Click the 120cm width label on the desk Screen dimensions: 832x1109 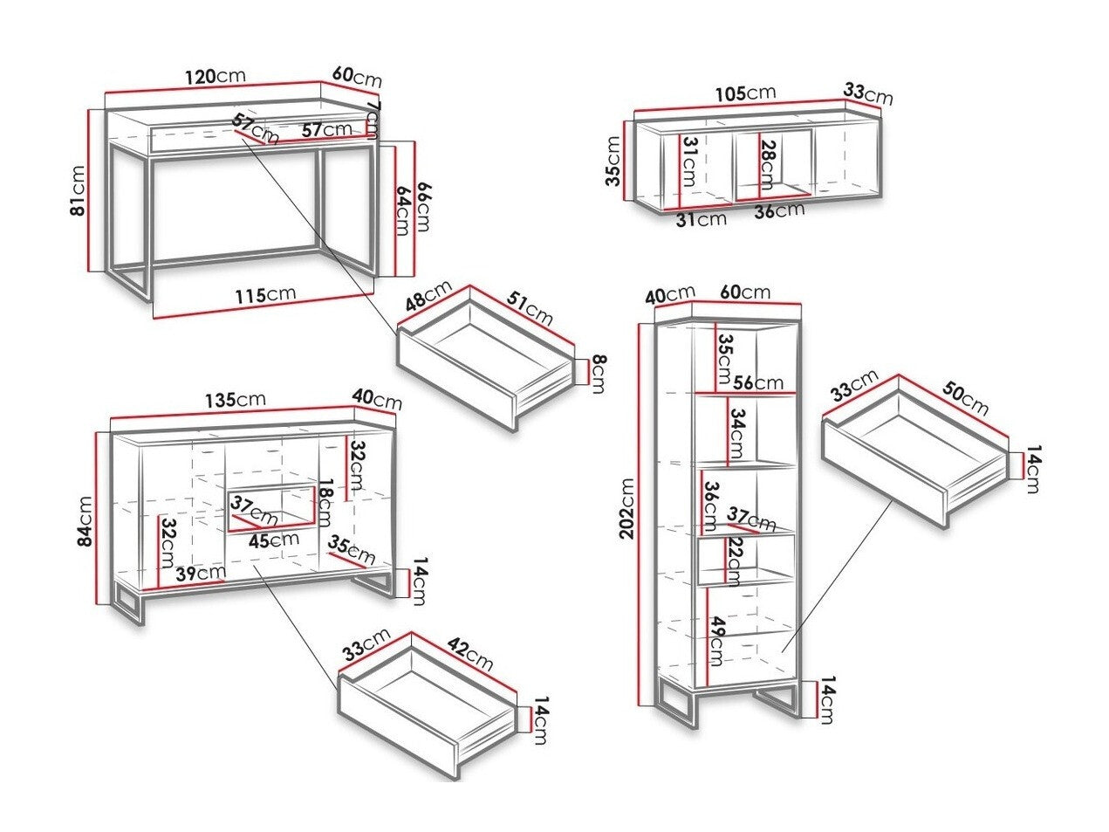tap(215, 76)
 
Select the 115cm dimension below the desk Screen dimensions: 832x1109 tap(265, 294)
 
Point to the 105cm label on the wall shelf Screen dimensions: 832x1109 tap(745, 93)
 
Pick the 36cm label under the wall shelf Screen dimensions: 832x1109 tap(779, 210)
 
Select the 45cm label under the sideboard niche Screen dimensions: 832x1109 tap(272, 540)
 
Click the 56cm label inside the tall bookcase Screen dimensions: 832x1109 tap(758, 382)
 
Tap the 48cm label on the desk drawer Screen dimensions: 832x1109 tap(428, 294)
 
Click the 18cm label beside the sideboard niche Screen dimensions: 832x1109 tap(325, 504)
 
